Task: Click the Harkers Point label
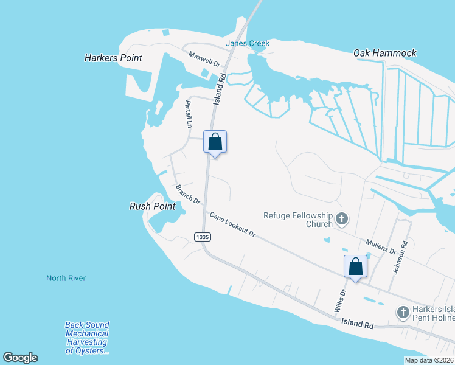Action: pyautogui.click(x=113, y=58)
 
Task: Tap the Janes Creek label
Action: pyautogui.click(x=247, y=43)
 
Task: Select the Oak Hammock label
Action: pyautogui.click(x=385, y=53)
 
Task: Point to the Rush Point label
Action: pyautogui.click(x=153, y=206)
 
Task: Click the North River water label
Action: pyautogui.click(x=66, y=278)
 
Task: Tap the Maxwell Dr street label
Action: pyautogui.click(x=204, y=58)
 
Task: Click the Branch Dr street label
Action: pyautogui.click(x=188, y=193)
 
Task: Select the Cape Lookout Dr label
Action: pyautogui.click(x=232, y=224)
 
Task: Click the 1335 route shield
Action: pyautogui.click(x=203, y=236)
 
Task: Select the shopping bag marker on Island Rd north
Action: pyautogui.click(x=215, y=142)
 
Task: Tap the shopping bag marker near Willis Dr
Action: pyautogui.click(x=356, y=266)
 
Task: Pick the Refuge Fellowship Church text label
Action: pyautogui.click(x=298, y=220)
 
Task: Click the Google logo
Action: pyautogui.click(x=20, y=358)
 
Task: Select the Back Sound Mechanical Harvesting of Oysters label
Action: pyautogui.click(x=87, y=338)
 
